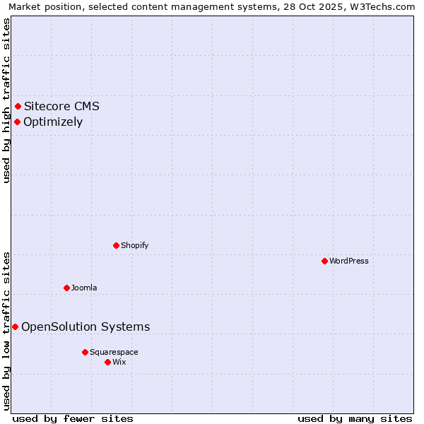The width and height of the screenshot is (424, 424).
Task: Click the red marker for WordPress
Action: click(324, 261)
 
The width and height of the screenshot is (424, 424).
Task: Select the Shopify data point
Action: click(117, 245)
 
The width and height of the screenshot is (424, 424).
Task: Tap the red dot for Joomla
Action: click(67, 288)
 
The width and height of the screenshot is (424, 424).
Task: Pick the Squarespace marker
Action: click(85, 352)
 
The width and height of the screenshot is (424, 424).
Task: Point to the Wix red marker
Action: click(107, 362)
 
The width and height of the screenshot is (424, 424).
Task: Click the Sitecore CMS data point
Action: click(18, 107)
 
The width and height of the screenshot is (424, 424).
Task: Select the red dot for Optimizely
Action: click(18, 122)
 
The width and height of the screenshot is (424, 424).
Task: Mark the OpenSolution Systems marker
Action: click(16, 326)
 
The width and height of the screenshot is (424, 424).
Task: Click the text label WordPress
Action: click(349, 261)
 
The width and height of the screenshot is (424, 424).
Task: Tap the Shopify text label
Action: click(134, 245)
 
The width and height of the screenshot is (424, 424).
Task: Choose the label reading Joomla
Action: click(84, 288)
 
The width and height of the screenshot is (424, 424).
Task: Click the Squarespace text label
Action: click(114, 352)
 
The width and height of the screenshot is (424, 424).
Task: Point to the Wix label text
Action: click(119, 362)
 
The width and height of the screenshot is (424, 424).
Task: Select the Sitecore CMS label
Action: click(61, 107)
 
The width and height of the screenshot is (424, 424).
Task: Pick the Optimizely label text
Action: click(53, 122)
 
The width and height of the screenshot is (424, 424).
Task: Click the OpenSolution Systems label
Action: click(86, 326)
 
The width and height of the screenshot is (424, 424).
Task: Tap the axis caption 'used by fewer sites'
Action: click(73, 418)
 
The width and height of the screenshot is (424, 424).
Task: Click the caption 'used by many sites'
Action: click(355, 418)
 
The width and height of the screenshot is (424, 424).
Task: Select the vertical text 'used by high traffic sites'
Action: click(7, 100)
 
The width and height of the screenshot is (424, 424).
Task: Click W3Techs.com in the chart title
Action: click(383, 6)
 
